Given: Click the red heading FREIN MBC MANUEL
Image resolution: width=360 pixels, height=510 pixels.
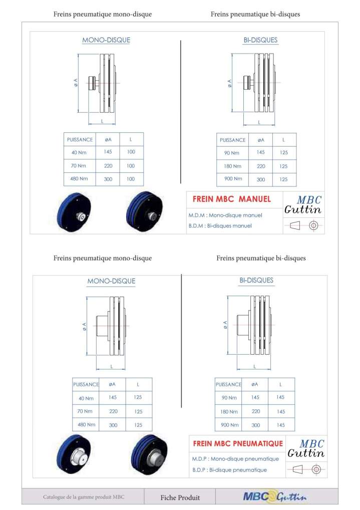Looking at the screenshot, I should tap(231, 199).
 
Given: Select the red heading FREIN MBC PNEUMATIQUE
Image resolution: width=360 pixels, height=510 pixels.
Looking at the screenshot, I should tap(238, 443).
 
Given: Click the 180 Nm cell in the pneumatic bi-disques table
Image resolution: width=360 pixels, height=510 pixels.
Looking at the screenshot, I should tap(230, 411).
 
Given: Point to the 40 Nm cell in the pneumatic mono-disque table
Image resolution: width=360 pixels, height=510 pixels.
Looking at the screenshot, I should tap(86, 398).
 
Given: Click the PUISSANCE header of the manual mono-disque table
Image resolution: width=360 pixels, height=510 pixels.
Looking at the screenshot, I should tap(80, 139).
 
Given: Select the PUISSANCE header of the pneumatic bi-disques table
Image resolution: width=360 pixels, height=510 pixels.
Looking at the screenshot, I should tap(228, 384).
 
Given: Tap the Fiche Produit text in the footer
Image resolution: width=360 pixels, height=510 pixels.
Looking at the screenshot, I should tap(180, 497).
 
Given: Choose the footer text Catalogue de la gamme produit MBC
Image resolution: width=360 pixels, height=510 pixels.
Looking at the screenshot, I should tap(83, 497).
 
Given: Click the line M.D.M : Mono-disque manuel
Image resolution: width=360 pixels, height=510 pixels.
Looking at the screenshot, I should tap(225, 215).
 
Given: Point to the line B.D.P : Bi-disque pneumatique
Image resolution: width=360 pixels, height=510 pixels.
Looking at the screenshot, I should tap(229, 470).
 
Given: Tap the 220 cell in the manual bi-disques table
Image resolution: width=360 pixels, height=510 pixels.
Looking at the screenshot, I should tap(260, 166).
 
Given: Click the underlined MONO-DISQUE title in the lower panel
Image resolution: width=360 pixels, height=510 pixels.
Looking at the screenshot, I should tap(111, 281).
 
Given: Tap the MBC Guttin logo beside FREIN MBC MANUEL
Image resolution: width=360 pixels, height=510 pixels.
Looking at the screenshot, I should tap(303, 204).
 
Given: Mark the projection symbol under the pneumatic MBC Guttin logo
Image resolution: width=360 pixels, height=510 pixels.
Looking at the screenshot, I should tap(306, 469).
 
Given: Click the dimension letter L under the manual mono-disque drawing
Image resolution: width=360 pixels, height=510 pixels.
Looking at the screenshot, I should tap(102, 121).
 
